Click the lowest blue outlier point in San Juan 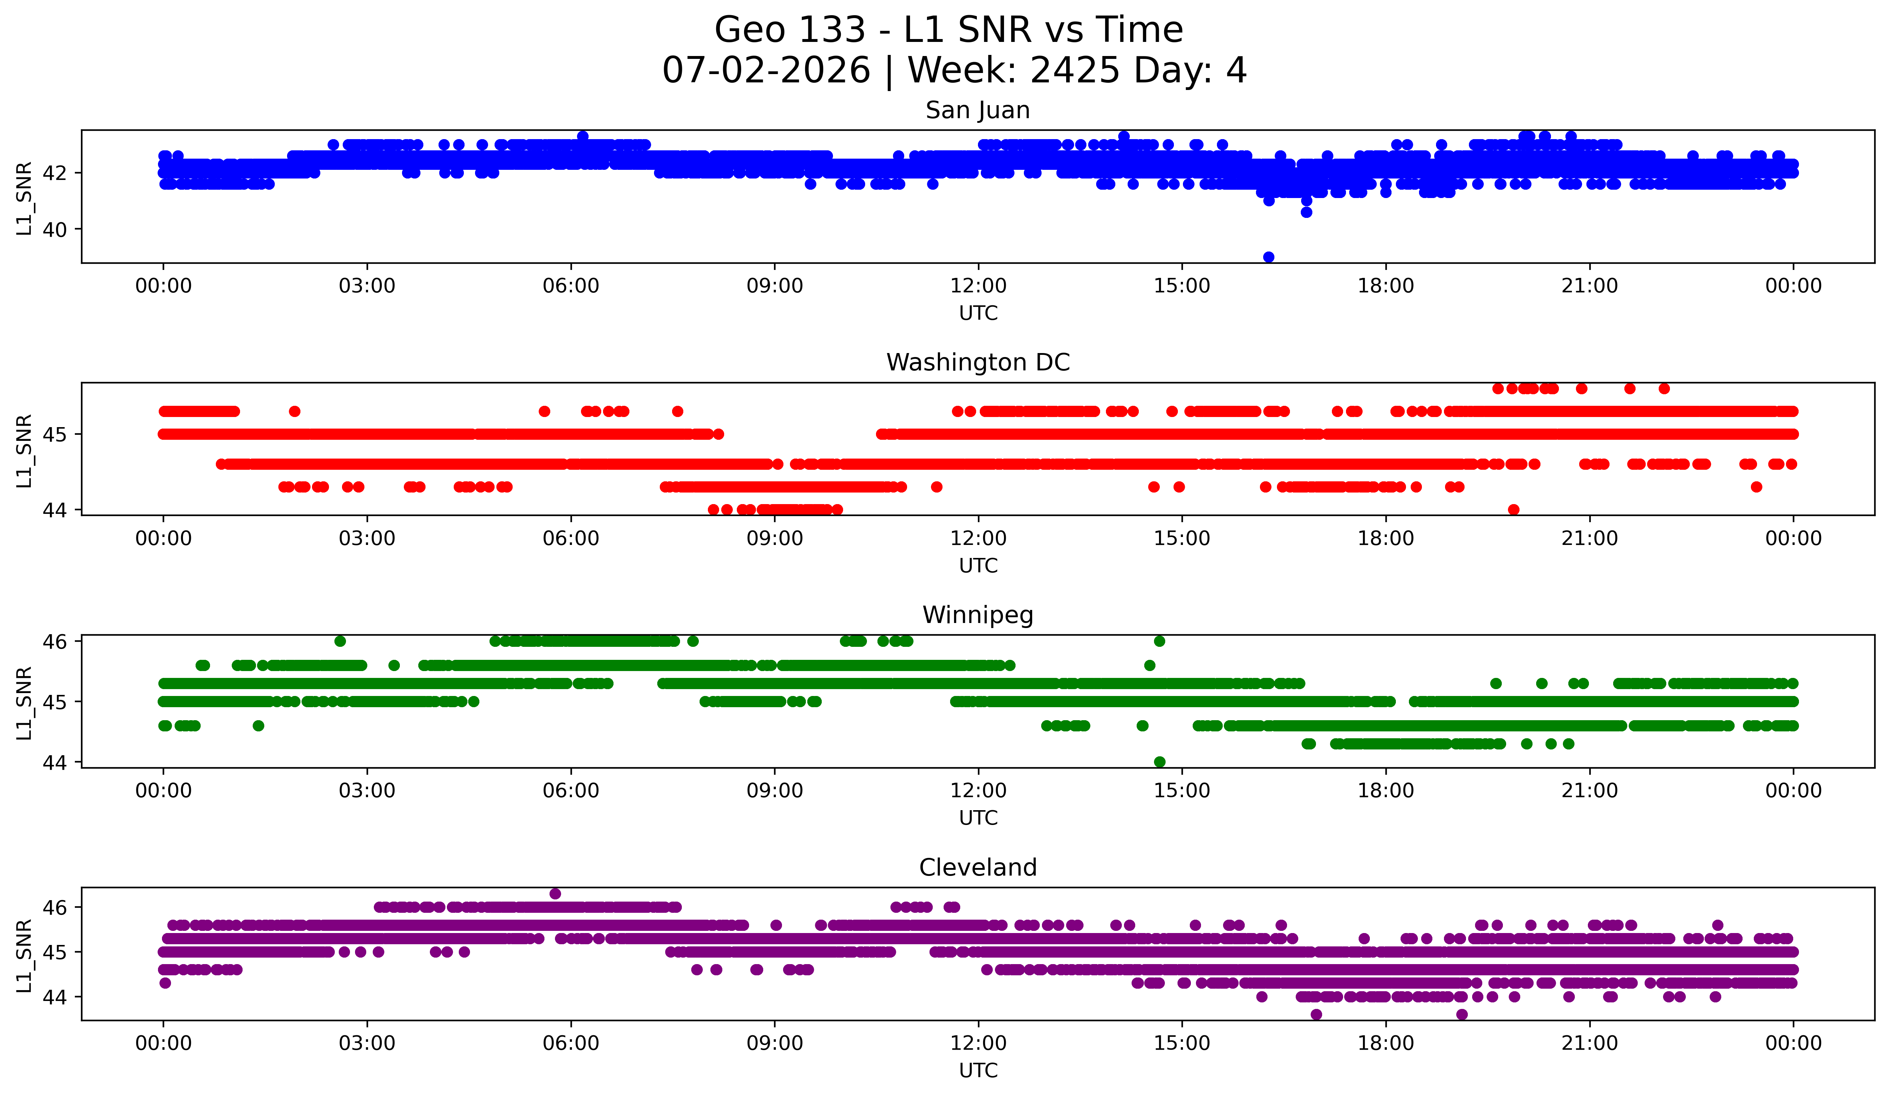tap(1268, 257)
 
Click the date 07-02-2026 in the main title tap(766, 70)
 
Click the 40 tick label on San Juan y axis tap(55, 229)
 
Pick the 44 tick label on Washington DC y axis tap(55, 510)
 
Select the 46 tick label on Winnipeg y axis tap(55, 641)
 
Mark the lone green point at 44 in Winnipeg tap(1160, 762)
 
